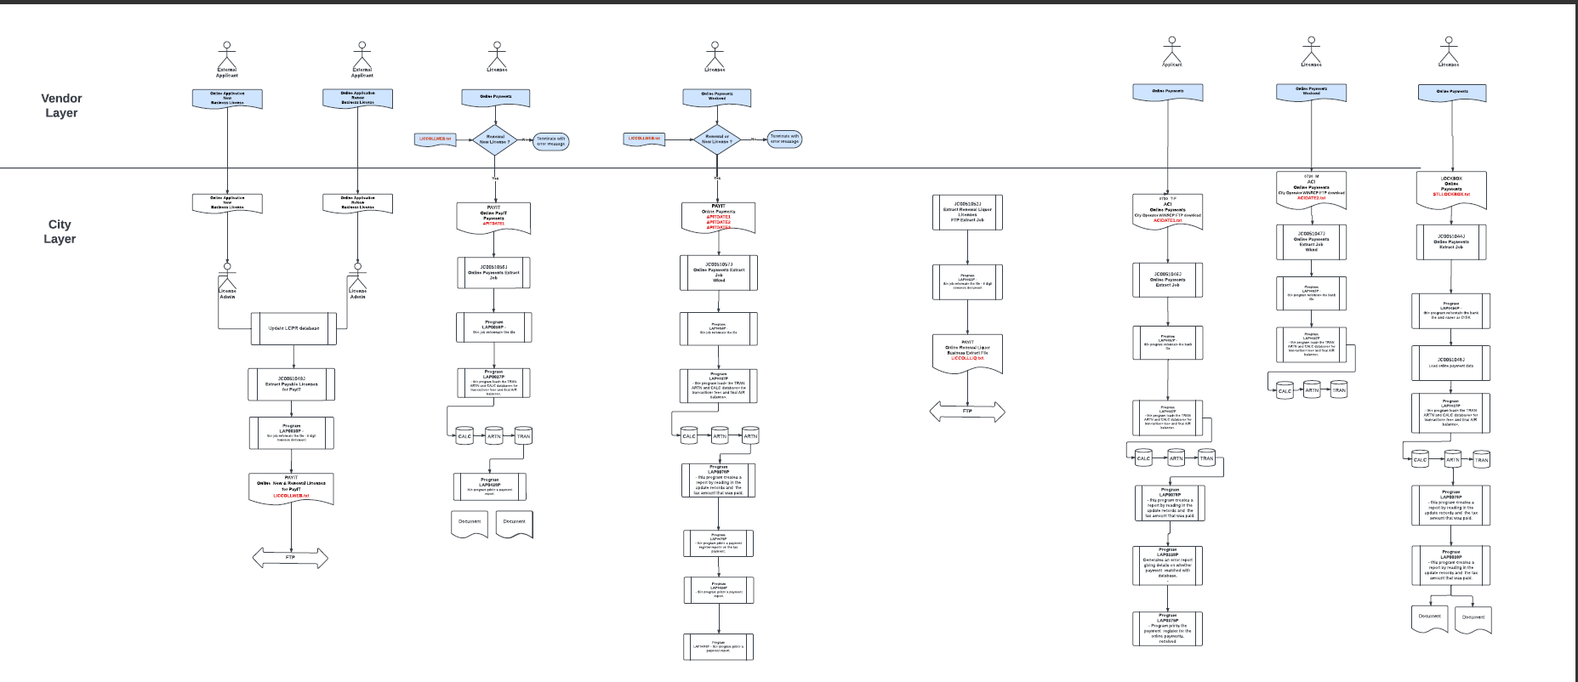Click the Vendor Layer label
[61, 105]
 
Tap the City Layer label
[60, 231]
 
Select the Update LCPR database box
[293, 328]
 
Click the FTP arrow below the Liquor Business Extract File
[967, 412]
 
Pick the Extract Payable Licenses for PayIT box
[291, 384]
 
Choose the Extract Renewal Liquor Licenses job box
[967, 213]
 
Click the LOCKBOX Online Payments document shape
[1451, 189]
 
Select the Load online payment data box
[1450, 363]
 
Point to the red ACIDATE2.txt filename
[1311, 198]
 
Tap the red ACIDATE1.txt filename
[1167, 220]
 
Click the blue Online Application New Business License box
[227, 99]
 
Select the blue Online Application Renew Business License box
[357, 99]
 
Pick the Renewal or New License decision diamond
[495, 139]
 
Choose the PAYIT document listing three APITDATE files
[719, 217]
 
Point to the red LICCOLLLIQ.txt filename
[967, 358]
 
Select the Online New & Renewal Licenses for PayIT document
[291, 488]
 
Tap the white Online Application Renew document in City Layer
[357, 202]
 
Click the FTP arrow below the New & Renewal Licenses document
[290, 558]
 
